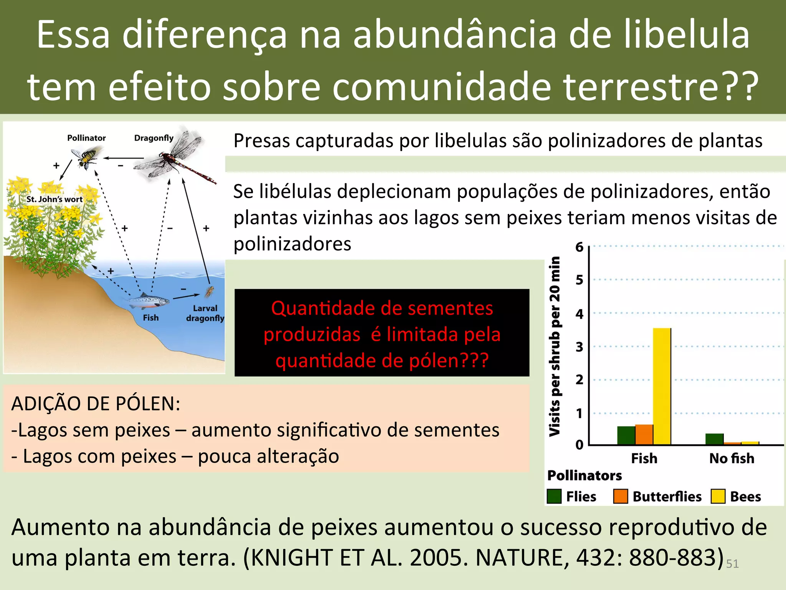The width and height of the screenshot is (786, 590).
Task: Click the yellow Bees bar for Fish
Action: pyautogui.click(x=662, y=386)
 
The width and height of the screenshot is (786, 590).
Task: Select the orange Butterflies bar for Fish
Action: pyautogui.click(x=644, y=434)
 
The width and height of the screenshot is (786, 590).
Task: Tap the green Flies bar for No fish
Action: pyautogui.click(x=714, y=439)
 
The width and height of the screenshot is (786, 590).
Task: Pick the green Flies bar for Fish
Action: pyautogui.click(x=626, y=435)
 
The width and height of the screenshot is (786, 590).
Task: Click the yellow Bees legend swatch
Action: pyautogui.click(x=718, y=496)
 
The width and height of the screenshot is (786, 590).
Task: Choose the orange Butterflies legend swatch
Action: pyautogui.click(x=620, y=496)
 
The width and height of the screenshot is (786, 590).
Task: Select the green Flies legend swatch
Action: pyautogui.click(x=554, y=496)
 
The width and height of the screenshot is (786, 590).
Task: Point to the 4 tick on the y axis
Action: pyautogui.click(x=579, y=314)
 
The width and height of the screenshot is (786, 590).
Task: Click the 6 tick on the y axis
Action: pyautogui.click(x=579, y=247)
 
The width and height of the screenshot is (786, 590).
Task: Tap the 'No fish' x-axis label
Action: pyautogui.click(x=732, y=458)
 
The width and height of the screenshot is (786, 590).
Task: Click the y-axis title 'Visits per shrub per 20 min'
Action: pyautogui.click(x=555, y=346)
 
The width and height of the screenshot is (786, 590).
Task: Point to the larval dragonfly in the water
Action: pyautogui.click(x=209, y=292)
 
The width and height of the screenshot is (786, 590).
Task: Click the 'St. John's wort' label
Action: pyautogui.click(x=54, y=199)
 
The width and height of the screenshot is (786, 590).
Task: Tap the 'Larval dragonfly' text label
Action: pyautogui.click(x=205, y=313)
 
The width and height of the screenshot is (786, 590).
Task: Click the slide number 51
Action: pyautogui.click(x=732, y=563)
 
